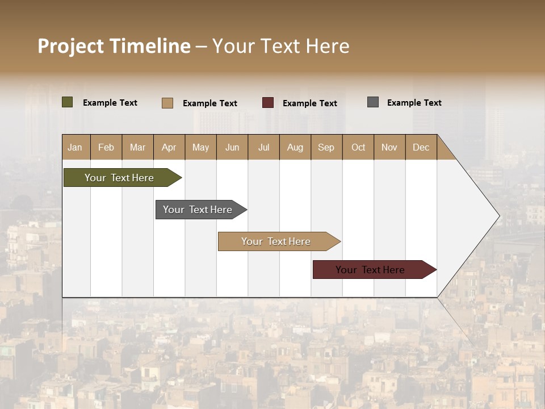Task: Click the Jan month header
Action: (75, 147)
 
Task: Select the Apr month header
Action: (169, 147)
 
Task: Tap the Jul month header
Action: (263, 147)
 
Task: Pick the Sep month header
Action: (326, 147)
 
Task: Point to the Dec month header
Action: (421, 147)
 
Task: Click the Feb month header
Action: (106, 147)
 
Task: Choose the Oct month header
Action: (358, 147)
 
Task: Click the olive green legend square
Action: (68, 102)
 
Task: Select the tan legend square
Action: (167, 103)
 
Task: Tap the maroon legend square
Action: (268, 103)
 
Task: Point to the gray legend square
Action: (373, 102)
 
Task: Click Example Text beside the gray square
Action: (414, 103)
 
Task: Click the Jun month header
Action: (232, 147)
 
